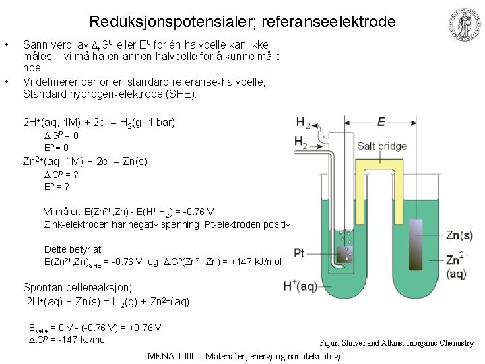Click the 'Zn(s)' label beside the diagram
tap(460, 235)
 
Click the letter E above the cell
tap(381, 122)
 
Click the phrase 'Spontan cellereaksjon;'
tap(71, 286)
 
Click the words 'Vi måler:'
tap(62, 212)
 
